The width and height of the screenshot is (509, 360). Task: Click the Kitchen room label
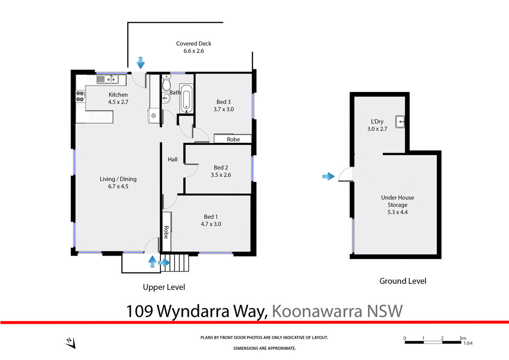point(118,95)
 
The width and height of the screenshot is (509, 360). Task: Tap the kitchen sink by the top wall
point(107,79)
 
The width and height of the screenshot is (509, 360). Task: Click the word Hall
point(172,159)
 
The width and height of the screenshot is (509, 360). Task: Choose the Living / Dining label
point(118,179)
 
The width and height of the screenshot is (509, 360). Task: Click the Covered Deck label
point(193,44)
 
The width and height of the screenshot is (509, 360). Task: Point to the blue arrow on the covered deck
point(140,63)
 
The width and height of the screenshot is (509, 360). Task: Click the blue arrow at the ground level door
point(328,176)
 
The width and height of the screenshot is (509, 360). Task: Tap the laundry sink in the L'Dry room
point(401,120)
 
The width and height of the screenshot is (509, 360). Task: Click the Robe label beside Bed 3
point(233,139)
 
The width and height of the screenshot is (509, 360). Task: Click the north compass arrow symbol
point(70,343)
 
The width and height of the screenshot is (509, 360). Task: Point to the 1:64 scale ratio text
point(467,343)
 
